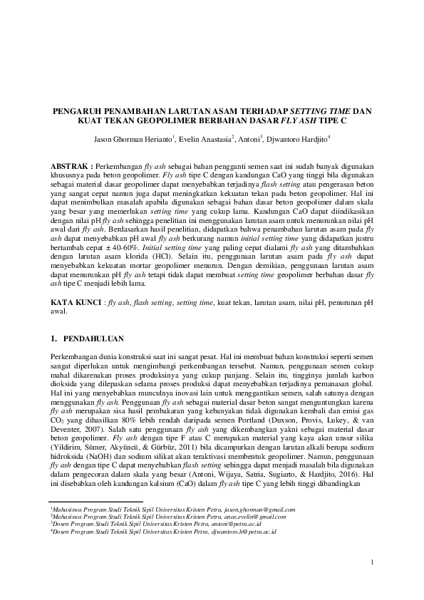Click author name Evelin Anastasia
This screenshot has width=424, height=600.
pos(202,140)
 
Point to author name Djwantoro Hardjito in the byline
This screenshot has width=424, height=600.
pos(297,140)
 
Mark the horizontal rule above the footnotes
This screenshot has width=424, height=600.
pos(97,501)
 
